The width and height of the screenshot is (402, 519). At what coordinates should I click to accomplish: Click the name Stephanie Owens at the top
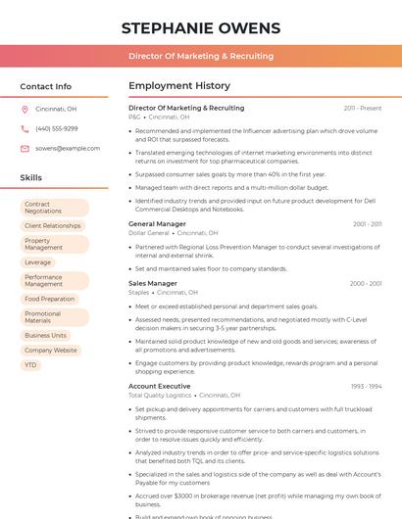200,28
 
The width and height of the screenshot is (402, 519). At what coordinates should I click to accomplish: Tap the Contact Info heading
46,86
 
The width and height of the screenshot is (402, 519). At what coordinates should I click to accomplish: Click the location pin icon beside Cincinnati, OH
25,110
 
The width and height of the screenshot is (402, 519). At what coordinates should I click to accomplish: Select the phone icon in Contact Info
25,129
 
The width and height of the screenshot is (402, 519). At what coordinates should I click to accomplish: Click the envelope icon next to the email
25,149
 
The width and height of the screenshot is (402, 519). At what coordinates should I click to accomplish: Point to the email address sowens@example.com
68,149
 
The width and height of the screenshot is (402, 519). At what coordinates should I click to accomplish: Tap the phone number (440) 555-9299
56,129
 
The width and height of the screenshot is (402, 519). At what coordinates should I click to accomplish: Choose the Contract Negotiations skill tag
54,208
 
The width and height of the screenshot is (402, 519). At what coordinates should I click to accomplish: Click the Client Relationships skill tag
53,226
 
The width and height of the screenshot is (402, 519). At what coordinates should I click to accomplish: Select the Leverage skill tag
38,262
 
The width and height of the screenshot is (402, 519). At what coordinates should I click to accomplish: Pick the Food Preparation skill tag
50,299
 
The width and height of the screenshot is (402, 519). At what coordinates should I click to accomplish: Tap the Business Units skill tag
46,336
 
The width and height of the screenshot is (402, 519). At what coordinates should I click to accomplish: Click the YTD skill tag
31,365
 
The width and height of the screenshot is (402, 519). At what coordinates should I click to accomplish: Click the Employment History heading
179,86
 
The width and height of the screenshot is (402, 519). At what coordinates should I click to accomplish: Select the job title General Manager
157,224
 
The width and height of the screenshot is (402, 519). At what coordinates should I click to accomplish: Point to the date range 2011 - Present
363,108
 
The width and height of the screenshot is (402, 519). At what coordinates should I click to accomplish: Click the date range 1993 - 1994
366,387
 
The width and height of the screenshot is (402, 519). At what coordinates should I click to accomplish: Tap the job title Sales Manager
153,283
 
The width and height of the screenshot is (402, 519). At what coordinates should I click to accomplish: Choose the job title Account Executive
160,386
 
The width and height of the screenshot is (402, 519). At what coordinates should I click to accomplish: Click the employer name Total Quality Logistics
160,396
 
